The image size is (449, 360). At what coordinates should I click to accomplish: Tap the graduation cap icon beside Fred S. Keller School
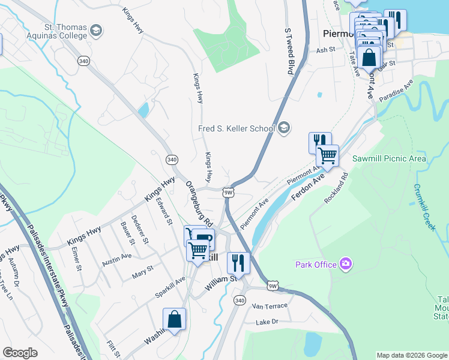(x=284, y=128)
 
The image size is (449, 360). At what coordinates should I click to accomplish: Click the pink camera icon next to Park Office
(x=345, y=263)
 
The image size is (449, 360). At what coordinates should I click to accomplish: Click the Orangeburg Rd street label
(x=200, y=204)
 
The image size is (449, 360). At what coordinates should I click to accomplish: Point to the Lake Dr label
(x=267, y=322)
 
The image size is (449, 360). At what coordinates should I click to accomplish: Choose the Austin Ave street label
(x=116, y=259)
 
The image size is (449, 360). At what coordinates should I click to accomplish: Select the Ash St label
(x=325, y=50)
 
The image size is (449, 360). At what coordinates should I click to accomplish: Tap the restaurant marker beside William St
(x=238, y=263)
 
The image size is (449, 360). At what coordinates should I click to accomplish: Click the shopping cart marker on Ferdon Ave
(x=327, y=155)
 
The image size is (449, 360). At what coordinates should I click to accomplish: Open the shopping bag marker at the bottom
(x=174, y=320)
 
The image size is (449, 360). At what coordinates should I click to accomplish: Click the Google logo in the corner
(x=20, y=353)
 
